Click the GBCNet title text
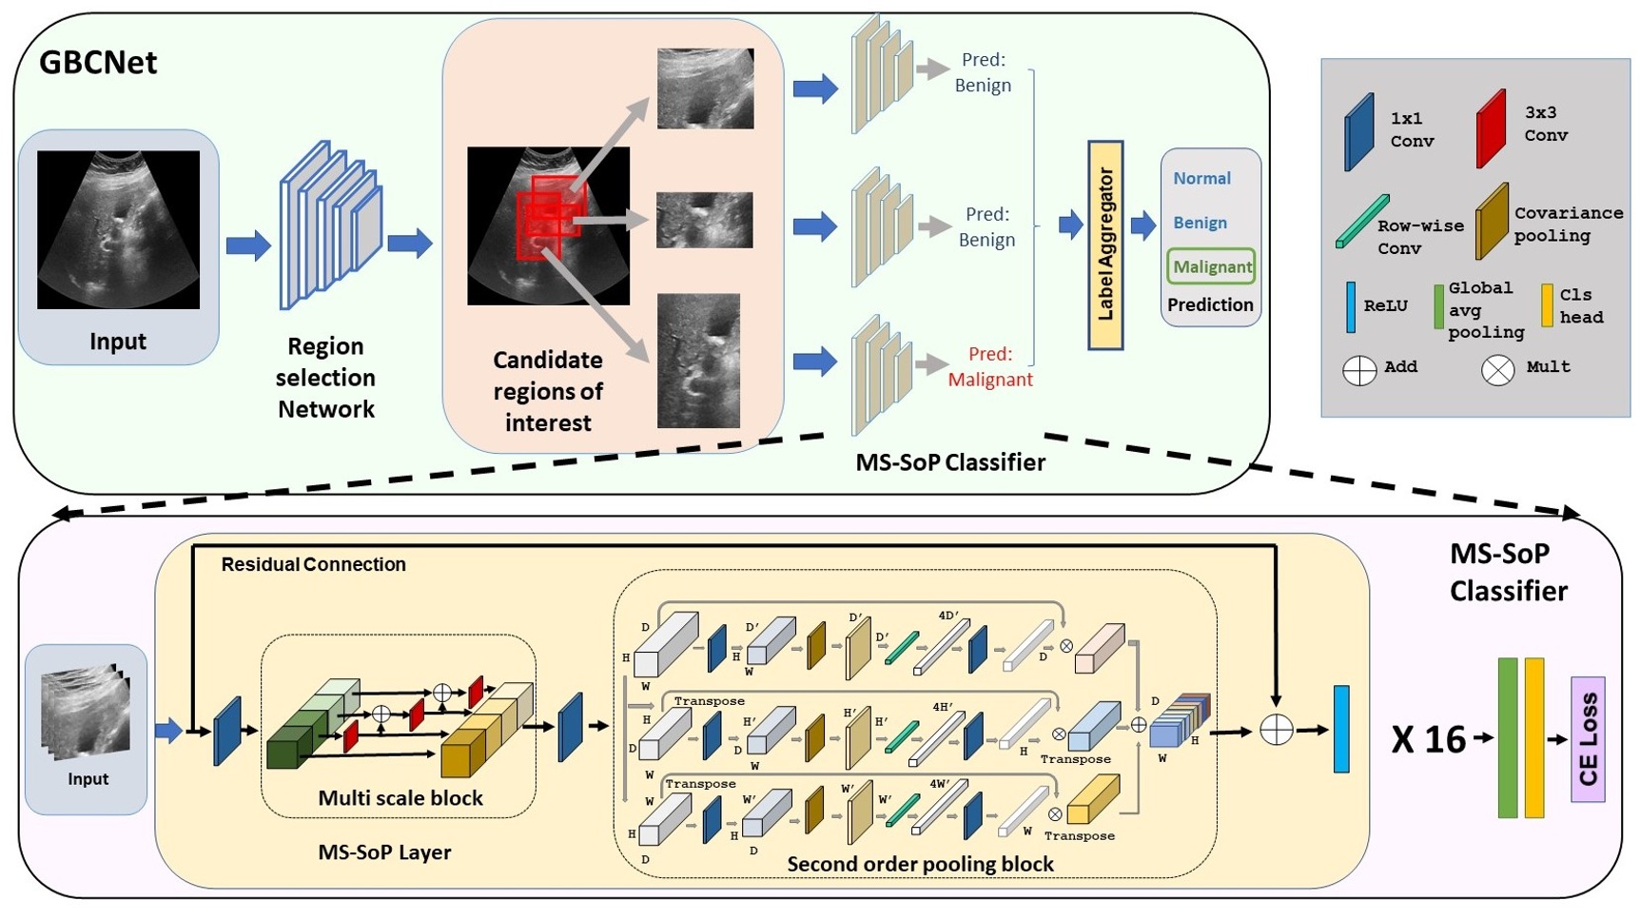(x=98, y=63)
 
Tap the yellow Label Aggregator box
(x=1104, y=245)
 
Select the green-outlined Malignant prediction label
(x=1211, y=266)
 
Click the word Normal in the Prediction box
(x=1201, y=179)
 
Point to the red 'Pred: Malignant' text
(x=989, y=366)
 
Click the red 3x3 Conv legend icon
(x=1491, y=129)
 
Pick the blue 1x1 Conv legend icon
(x=1358, y=132)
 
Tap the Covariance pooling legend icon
(x=1491, y=222)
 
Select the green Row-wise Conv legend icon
(x=1361, y=222)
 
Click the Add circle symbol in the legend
(x=1358, y=370)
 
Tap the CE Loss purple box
(x=1587, y=739)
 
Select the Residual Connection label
(x=313, y=564)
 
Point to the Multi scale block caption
(x=400, y=798)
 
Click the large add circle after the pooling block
(x=1276, y=731)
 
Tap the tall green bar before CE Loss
(x=1507, y=737)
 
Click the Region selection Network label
(x=325, y=378)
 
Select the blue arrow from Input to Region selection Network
(x=247, y=245)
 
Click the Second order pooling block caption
(x=920, y=864)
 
